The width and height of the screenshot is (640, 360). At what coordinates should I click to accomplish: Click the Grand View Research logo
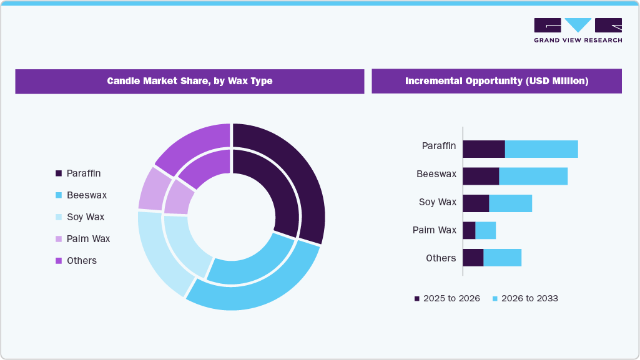(x=578, y=30)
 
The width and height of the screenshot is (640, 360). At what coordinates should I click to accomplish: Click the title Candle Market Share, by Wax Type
(x=189, y=81)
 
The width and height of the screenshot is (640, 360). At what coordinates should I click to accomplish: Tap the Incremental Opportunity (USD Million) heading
(x=496, y=81)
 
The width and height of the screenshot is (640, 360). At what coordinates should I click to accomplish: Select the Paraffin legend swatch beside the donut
(x=59, y=173)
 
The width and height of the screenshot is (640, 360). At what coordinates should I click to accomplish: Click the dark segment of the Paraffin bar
(x=483, y=149)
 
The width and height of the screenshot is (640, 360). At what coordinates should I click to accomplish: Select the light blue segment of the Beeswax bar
(x=533, y=176)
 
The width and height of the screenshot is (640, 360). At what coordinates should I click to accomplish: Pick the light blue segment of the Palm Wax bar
(x=486, y=230)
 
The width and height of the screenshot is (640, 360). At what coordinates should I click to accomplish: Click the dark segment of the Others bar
(x=473, y=258)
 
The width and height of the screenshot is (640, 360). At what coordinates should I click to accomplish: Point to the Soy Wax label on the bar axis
(x=437, y=202)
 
